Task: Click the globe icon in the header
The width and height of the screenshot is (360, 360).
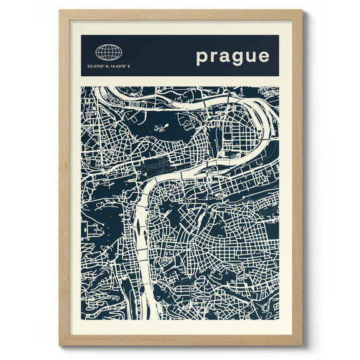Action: click(109, 52)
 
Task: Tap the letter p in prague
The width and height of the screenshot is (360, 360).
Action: click(202, 57)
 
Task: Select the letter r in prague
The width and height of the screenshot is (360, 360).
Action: click(214, 57)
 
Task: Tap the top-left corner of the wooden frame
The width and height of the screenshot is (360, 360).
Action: click(60, 11)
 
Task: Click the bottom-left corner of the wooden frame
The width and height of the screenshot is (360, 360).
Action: click(60, 345)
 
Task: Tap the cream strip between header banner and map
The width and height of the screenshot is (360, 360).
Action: click(180, 81)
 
